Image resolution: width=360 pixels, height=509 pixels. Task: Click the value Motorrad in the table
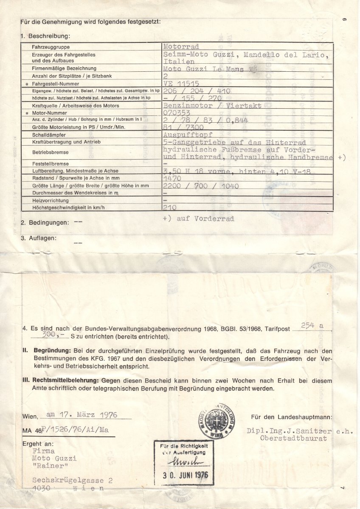[181, 47]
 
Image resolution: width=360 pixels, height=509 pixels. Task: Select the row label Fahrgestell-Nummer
[55, 84]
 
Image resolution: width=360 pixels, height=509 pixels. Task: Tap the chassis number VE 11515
[181, 84]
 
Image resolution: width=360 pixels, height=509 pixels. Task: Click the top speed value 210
[170, 208]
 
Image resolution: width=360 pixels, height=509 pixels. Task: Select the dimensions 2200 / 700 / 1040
[201, 186]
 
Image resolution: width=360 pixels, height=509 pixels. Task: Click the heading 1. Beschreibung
[45, 37]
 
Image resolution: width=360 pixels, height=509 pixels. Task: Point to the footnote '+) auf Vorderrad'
[198, 219]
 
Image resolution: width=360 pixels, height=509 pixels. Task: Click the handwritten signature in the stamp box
[183, 462]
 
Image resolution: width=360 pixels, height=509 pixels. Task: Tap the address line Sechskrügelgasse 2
[72, 480]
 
